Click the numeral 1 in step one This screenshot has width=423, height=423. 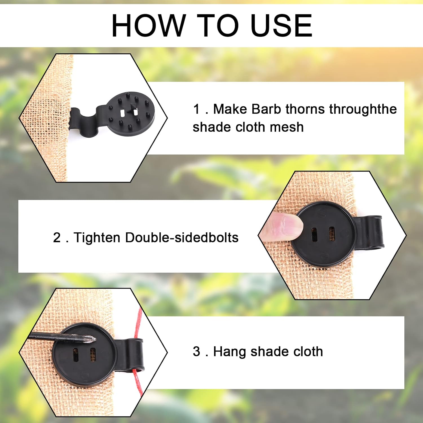[x=196, y=109]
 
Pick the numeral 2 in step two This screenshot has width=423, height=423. [x=57, y=238]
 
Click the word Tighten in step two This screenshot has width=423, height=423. [x=97, y=238]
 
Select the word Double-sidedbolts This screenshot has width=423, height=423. [x=182, y=238]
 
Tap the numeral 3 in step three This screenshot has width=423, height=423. [x=196, y=352]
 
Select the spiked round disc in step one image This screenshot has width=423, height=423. [x=131, y=113]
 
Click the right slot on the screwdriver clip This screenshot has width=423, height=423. [x=92, y=355]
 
